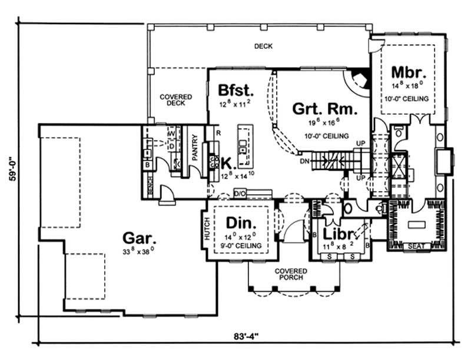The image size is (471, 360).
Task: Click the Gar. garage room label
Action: tap(140, 238)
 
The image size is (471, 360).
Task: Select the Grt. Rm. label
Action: tap(318, 109)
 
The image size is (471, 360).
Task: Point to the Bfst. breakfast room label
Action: tap(235, 91)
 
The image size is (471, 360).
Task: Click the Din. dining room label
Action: tap(241, 224)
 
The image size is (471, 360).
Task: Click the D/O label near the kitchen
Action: tap(240, 193)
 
